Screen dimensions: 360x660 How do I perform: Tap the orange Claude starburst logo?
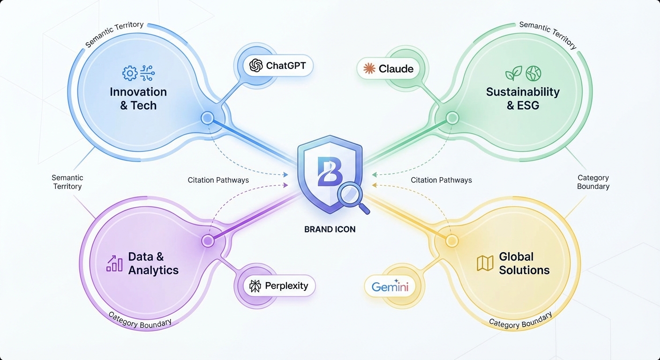pyautogui.click(x=369, y=69)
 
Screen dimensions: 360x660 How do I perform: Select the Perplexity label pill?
pyautogui.click(x=279, y=285)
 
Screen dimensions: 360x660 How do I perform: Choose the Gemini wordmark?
pyautogui.click(x=390, y=286)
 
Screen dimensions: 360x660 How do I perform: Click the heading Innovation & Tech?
pyautogui.click(x=138, y=98)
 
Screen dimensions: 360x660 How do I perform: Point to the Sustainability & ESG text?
pyautogui.click(x=523, y=98)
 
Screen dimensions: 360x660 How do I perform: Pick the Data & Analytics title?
pyautogui.click(x=153, y=263)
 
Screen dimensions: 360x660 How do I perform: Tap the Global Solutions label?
pyautogui.click(x=524, y=263)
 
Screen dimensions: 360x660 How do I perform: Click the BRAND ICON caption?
pyautogui.click(x=330, y=229)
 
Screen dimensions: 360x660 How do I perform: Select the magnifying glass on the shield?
pyautogui.click(x=349, y=195)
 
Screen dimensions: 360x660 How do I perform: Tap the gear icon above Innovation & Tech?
pyautogui.click(x=129, y=73)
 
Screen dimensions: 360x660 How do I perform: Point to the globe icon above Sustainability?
pyautogui.click(x=533, y=73)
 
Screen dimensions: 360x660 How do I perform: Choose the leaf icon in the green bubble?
pyautogui.click(x=513, y=73)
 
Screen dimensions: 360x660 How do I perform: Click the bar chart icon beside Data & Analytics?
pyautogui.click(x=114, y=263)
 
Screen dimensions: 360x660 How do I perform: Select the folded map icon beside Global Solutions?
pyautogui.click(x=485, y=263)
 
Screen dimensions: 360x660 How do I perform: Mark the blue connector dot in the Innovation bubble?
pyautogui.click(x=207, y=118)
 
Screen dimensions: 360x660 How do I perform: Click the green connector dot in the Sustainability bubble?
pyautogui.click(x=452, y=118)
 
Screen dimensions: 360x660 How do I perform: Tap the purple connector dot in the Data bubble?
pyautogui.click(x=208, y=241)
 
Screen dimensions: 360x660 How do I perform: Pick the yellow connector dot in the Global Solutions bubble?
pyautogui.click(x=451, y=241)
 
